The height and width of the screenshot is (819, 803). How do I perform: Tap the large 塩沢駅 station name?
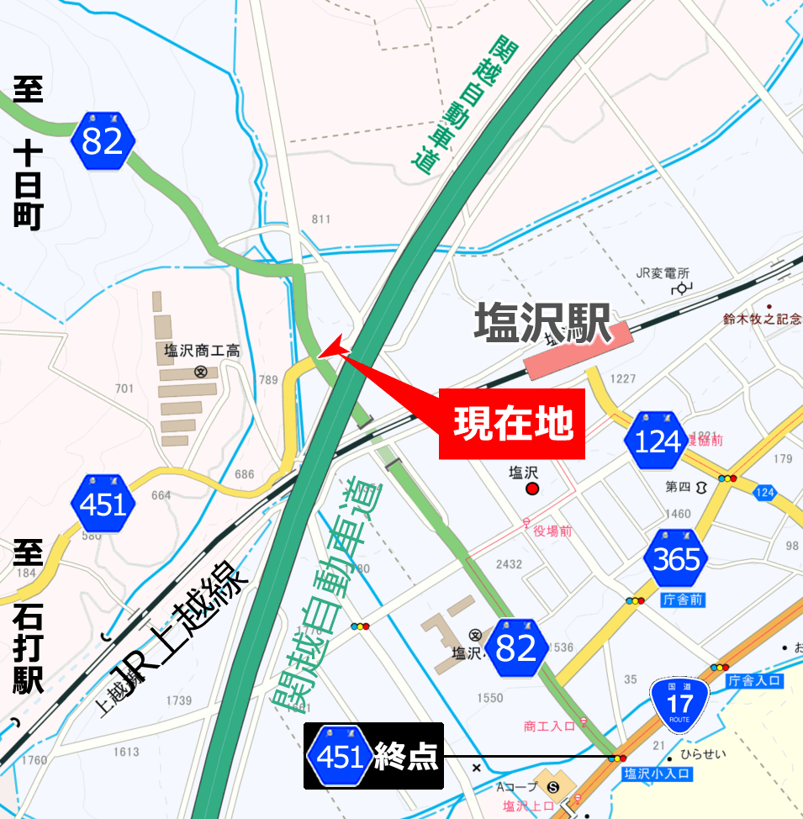tap(543, 324)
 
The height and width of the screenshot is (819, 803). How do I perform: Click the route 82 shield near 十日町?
tap(103, 141)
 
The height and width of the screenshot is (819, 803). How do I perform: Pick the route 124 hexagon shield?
tap(657, 441)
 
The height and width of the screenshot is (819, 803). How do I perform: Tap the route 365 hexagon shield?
tap(676, 559)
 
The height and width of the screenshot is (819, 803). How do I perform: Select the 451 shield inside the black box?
tap(340, 757)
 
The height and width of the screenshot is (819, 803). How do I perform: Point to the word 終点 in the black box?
tap(407, 757)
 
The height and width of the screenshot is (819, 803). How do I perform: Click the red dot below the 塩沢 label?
tap(531, 489)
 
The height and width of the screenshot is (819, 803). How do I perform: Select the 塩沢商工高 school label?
tap(202, 351)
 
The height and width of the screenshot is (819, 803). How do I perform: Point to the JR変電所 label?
tap(663, 273)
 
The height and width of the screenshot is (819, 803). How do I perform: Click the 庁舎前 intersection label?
tap(683, 600)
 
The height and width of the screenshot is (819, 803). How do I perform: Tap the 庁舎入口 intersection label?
tap(755, 680)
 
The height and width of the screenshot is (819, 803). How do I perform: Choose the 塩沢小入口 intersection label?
tap(657, 774)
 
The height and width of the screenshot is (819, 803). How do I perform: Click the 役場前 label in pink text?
tap(552, 531)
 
